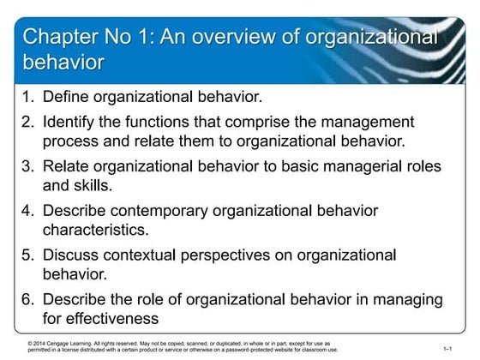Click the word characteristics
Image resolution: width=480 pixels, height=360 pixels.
point(95,229)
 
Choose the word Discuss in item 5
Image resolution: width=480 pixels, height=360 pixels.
point(72,255)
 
